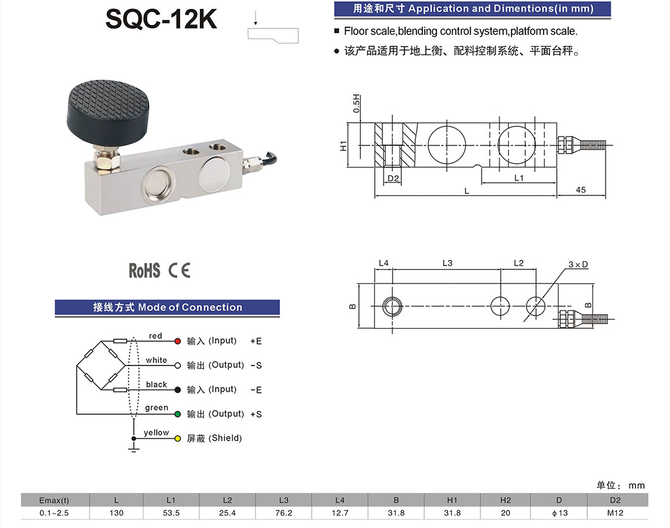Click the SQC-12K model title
(161, 19)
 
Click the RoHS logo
(145, 271)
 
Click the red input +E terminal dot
(178, 341)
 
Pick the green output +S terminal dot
(178, 414)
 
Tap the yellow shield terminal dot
(178, 438)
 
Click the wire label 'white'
(156, 360)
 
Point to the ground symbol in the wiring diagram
(133, 448)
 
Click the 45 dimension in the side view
(581, 190)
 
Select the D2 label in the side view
(393, 178)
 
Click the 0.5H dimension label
(356, 103)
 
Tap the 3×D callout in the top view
(578, 264)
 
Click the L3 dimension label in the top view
(447, 262)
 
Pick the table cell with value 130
(116, 513)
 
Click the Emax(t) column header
(54, 500)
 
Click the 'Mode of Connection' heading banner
(167, 307)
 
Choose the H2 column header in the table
(505, 500)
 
